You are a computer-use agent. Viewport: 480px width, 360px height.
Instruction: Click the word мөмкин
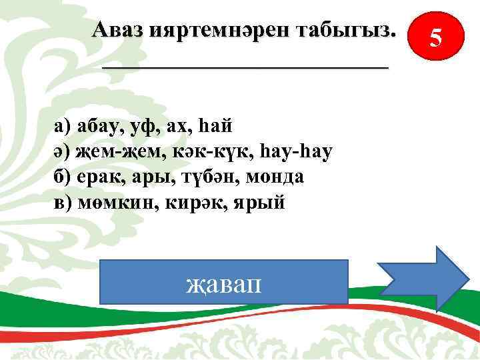pos(114,203)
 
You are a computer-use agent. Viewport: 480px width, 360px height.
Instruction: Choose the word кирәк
pos(194,203)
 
